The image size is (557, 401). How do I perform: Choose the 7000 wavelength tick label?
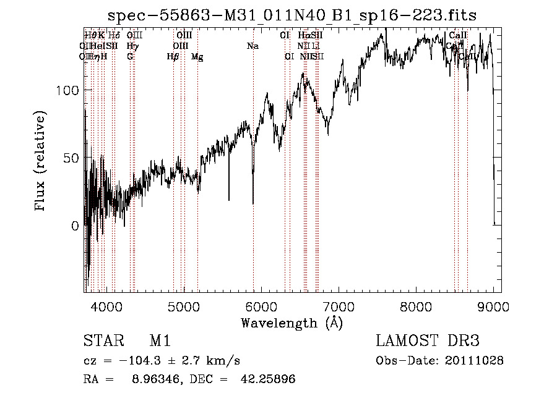339,306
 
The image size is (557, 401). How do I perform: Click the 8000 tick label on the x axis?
416,306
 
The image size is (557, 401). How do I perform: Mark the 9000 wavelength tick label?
493,306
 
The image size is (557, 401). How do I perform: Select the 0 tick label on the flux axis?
76,226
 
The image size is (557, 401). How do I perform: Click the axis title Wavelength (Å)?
291,323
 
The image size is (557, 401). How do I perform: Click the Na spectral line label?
253,46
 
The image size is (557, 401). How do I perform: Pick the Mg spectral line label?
197,57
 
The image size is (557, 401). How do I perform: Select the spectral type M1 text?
160,341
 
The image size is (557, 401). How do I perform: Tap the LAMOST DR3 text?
427,341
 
